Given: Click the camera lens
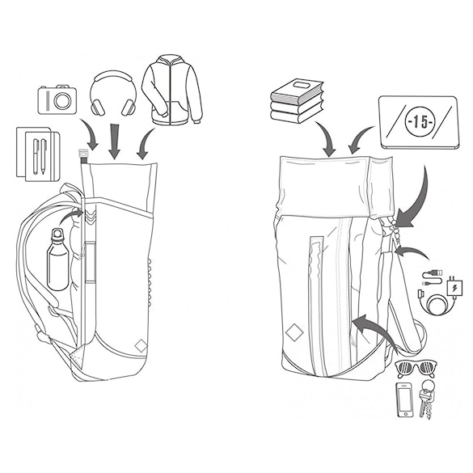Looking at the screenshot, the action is (x=63, y=101).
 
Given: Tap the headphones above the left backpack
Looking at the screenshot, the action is (x=113, y=93).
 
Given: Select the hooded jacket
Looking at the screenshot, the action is (x=172, y=90).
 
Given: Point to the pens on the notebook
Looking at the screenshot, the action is (x=40, y=156).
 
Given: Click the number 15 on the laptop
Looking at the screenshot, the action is (x=420, y=122).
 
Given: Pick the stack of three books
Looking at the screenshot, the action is (x=297, y=101).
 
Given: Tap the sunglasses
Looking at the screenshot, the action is (x=416, y=369).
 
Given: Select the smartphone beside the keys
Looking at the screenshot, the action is (x=404, y=399).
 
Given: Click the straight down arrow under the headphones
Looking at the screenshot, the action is (x=114, y=141).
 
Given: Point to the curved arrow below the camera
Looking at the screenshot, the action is (x=91, y=134).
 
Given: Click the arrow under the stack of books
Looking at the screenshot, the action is (x=327, y=139).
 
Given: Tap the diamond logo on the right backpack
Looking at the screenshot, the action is (x=294, y=332).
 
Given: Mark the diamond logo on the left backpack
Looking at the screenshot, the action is (x=141, y=346).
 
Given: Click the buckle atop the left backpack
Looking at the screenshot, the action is (x=82, y=154).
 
